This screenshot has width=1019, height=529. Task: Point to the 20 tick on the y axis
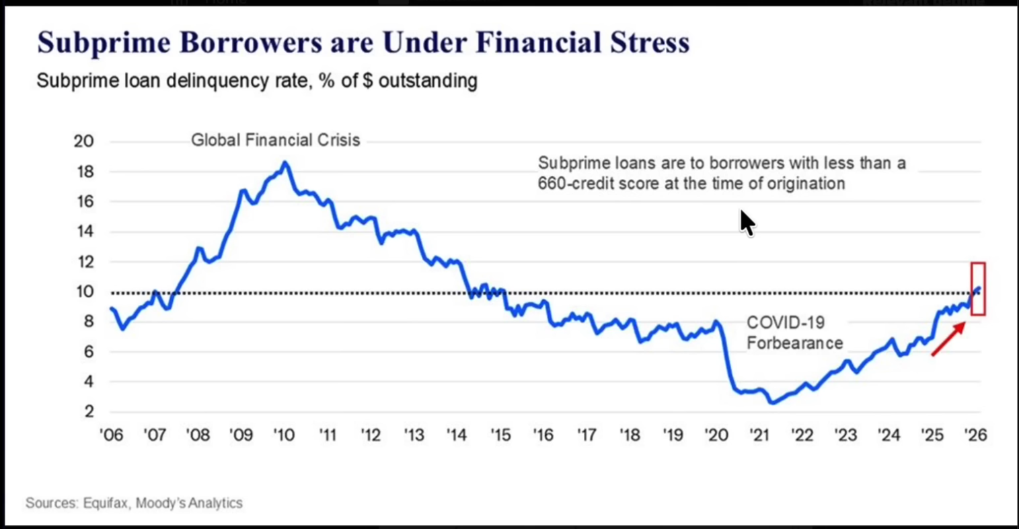coord(83,141)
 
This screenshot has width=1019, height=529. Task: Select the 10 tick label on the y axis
coord(83,292)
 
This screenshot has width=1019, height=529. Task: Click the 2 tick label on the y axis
coord(88,412)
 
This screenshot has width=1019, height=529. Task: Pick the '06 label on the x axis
coord(111,435)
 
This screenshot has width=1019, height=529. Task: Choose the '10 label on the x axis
coord(284,435)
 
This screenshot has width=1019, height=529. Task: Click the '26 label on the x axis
coord(975,435)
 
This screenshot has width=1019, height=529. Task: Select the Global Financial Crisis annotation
coord(275,140)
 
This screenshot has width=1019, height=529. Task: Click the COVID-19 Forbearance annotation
coord(794,333)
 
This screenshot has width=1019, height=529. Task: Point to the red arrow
coord(948,339)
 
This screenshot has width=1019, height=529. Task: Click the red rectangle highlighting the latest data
coord(978,289)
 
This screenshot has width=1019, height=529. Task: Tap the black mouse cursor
coord(747,223)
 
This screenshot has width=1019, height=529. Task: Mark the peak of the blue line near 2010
coord(285,162)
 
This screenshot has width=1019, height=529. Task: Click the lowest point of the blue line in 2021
coord(771,402)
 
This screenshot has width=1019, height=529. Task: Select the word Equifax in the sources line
coord(106,503)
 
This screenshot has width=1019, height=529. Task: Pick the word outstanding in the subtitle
coord(428,81)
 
